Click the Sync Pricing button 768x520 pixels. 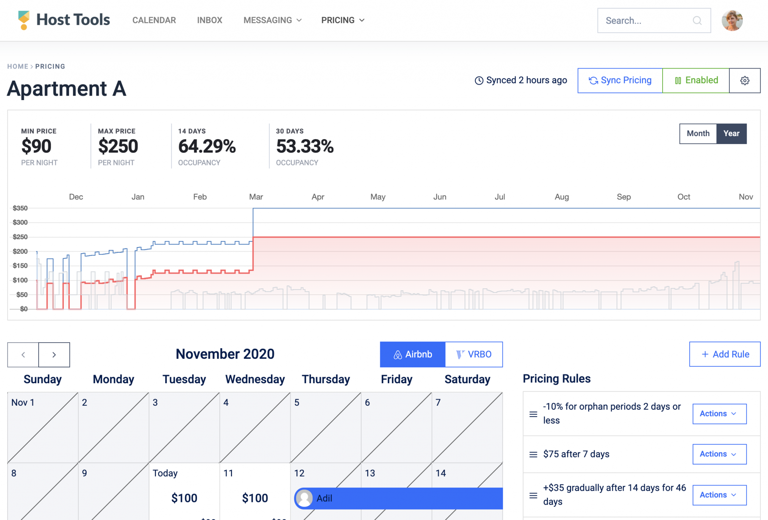620,80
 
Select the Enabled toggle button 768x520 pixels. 696,80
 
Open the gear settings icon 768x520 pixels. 745,80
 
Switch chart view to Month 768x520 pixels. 698,133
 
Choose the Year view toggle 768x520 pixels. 731,133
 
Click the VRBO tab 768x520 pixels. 474,354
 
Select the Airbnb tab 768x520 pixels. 412,354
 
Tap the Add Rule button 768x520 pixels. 724,354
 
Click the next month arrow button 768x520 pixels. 54,355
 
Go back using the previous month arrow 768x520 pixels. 23,355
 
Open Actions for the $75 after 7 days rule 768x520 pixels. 719,454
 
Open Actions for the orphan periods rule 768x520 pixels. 719,414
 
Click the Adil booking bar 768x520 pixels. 399,498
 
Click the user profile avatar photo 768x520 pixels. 732,21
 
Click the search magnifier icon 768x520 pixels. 697,21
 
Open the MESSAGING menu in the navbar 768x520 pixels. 272,20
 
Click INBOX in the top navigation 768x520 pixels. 210,20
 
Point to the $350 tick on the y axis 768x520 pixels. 20,208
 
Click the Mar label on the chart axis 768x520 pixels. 256,197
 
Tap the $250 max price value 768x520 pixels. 118,146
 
